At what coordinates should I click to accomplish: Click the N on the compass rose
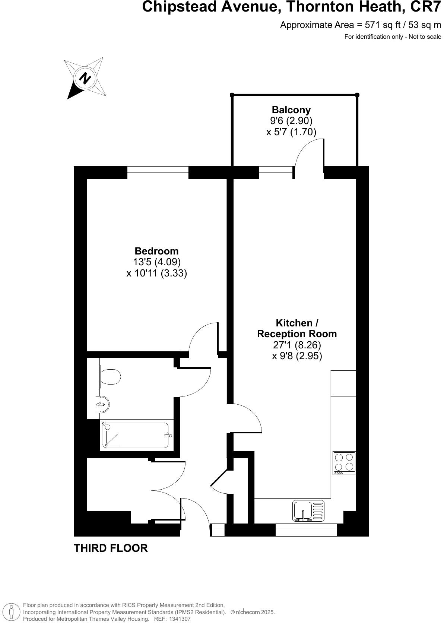[86, 79]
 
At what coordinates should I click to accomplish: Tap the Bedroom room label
[156, 251]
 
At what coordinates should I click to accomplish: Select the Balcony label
[291, 110]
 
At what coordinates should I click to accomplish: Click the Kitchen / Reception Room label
[297, 328]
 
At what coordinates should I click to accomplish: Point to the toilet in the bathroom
[111, 376]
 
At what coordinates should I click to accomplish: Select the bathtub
[136, 435]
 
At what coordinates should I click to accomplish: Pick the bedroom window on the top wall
[158, 173]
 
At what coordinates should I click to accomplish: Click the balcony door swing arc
[308, 153]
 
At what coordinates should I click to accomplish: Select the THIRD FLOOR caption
[111, 548]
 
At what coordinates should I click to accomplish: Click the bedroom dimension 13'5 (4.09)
[157, 262]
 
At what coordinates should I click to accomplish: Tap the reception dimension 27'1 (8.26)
[297, 345]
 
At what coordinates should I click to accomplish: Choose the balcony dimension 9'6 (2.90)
[291, 121]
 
